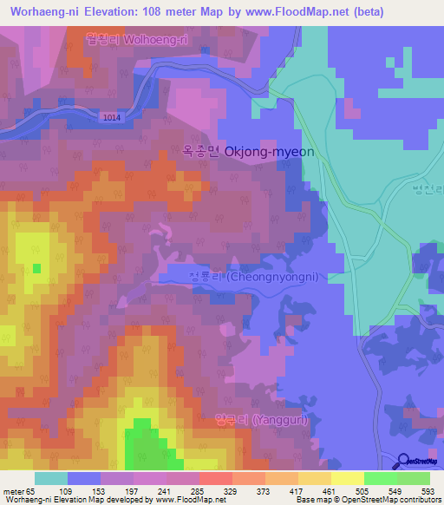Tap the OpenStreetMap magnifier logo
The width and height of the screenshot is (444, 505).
[405, 460]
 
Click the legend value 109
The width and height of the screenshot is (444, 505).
[64, 490]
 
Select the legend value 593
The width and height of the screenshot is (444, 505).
[427, 490]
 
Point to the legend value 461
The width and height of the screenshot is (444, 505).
[328, 490]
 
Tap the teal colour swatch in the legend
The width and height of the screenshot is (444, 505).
[51, 478]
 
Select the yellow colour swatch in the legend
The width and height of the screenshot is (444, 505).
[348, 478]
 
